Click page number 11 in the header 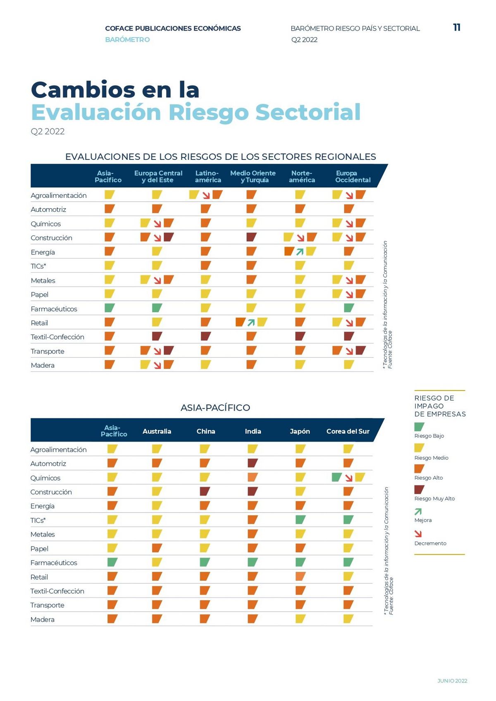point(457,28)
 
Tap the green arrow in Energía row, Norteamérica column point(300,252)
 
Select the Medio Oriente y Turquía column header point(253,176)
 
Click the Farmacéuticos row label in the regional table point(54,309)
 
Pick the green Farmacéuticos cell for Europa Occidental point(349,308)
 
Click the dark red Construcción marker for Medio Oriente point(251,237)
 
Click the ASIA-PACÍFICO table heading point(215,408)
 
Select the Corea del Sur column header point(348,431)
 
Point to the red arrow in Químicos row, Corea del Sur point(349,478)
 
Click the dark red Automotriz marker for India point(253,463)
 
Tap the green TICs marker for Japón point(300,520)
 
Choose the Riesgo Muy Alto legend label point(434,499)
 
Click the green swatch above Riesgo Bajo point(419,427)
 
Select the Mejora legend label point(423,520)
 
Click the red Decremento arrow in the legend point(418,534)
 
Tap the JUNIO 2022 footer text point(452,681)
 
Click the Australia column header point(157,431)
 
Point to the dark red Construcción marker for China point(205,492)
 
